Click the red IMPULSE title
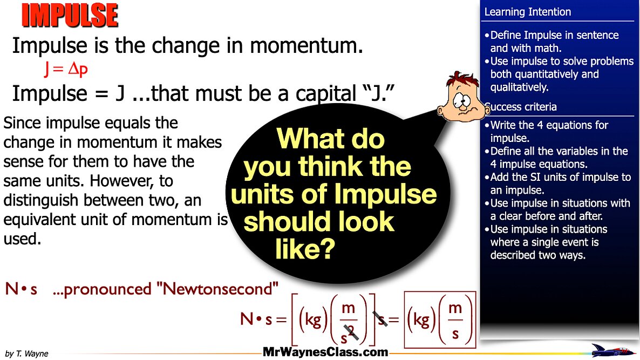(70, 15)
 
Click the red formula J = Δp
(66, 70)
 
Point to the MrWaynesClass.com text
(325, 352)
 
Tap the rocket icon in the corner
(613, 350)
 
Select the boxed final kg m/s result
(440, 320)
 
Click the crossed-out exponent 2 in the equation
(352, 334)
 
